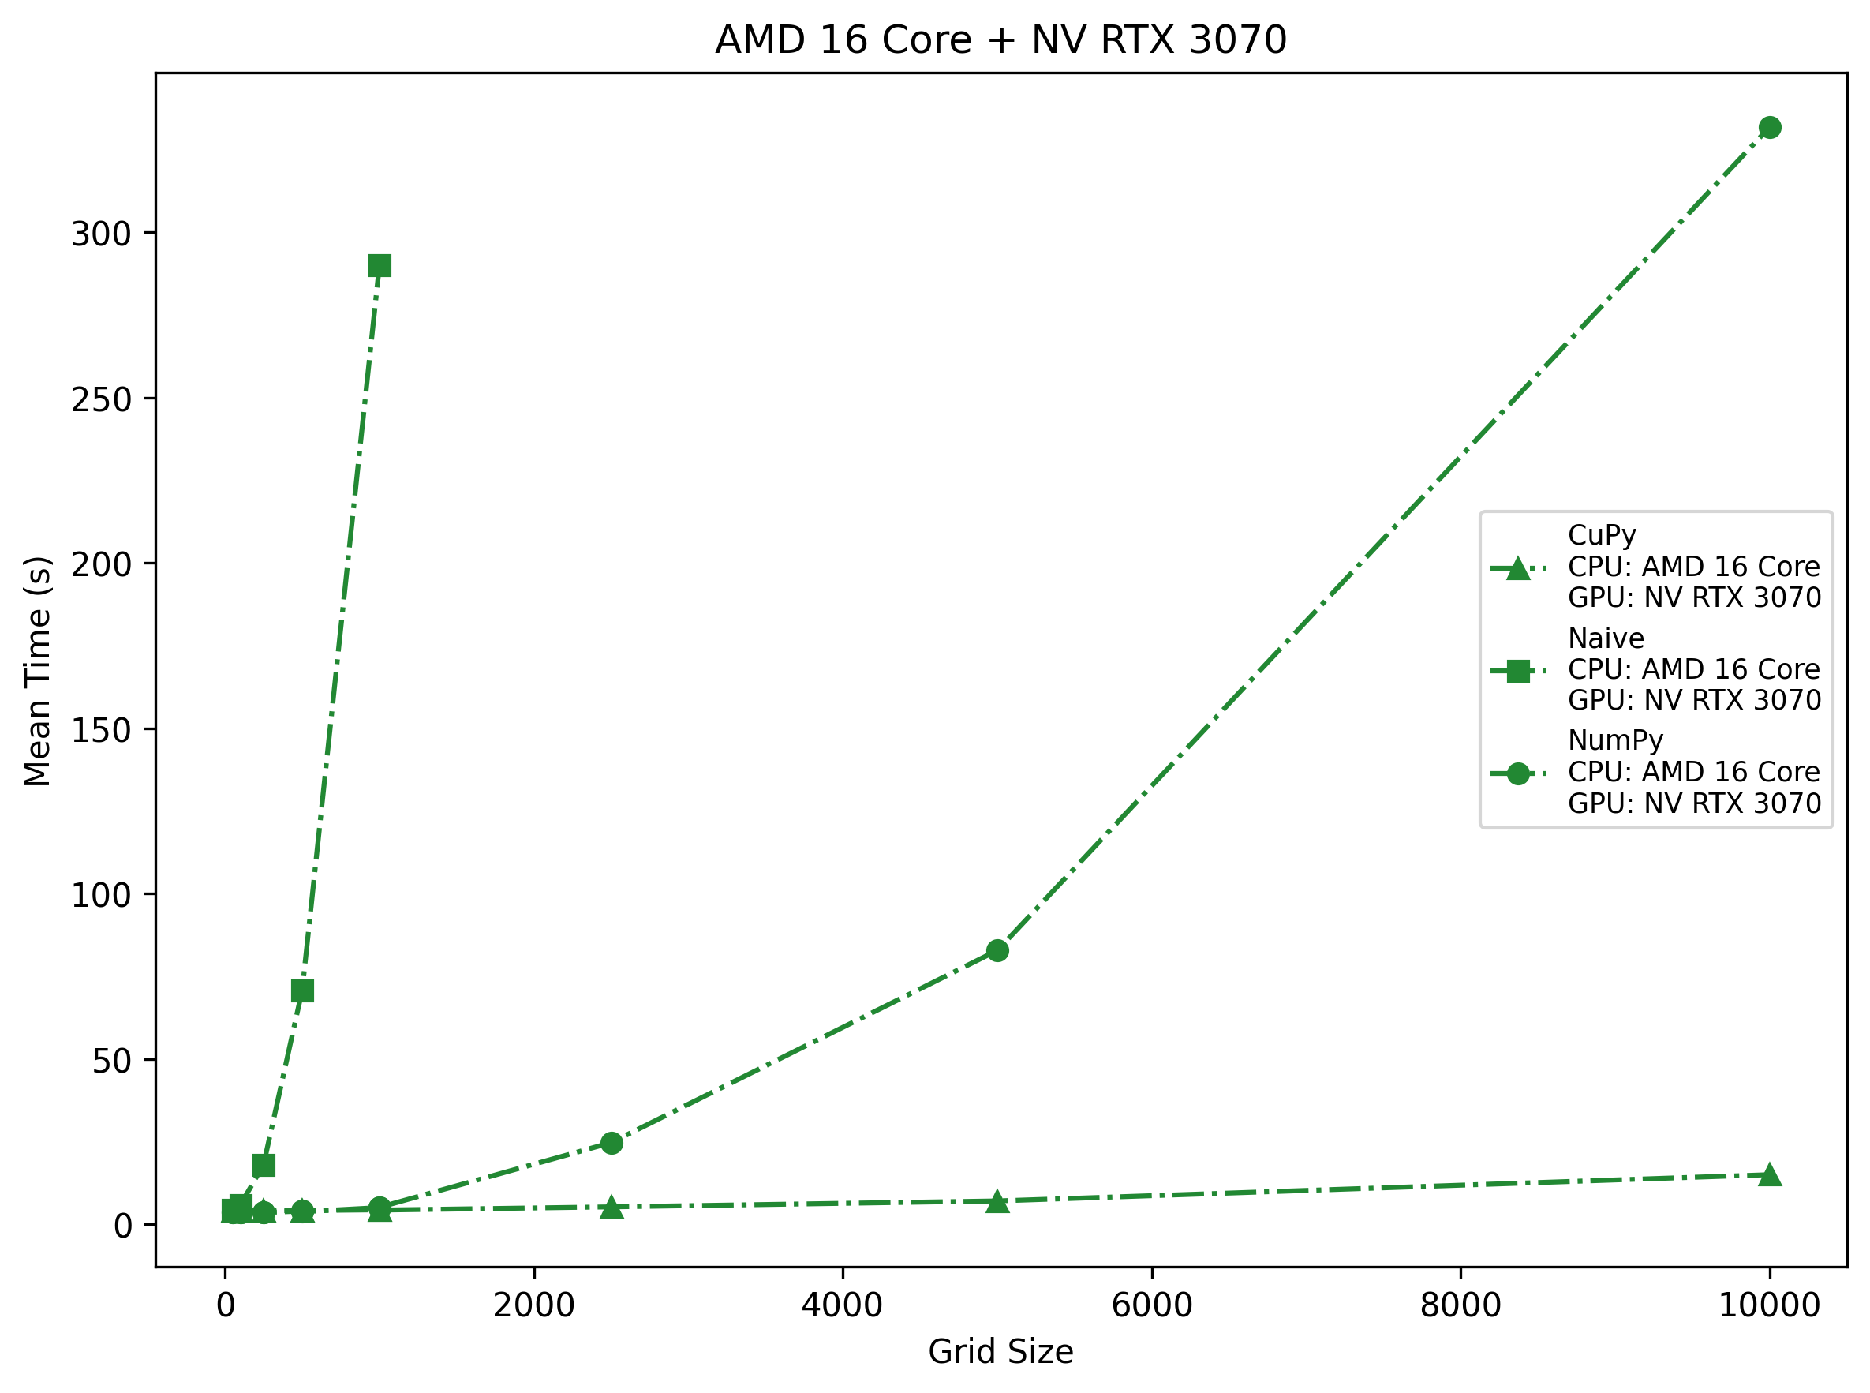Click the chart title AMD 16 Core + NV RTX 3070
point(1000,39)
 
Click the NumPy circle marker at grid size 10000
point(1770,127)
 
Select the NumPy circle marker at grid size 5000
point(997,950)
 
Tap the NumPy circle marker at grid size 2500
point(611,1143)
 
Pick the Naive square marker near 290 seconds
point(380,266)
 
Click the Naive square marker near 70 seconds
point(303,990)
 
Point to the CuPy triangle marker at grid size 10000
point(1770,1174)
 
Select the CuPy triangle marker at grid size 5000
point(997,1200)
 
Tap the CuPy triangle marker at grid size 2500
point(611,1207)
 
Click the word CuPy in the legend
point(1601,534)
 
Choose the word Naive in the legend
point(1605,638)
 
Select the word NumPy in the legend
point(1614,740)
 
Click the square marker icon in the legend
point(1517,671)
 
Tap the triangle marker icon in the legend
point(1517,568)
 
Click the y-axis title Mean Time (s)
point(38,670)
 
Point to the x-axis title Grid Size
point(1000,1352)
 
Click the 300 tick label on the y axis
point(101,234)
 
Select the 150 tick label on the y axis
point(101,729)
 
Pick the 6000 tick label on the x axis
point(1152,1306)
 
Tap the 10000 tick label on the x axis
point(1769,1306)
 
